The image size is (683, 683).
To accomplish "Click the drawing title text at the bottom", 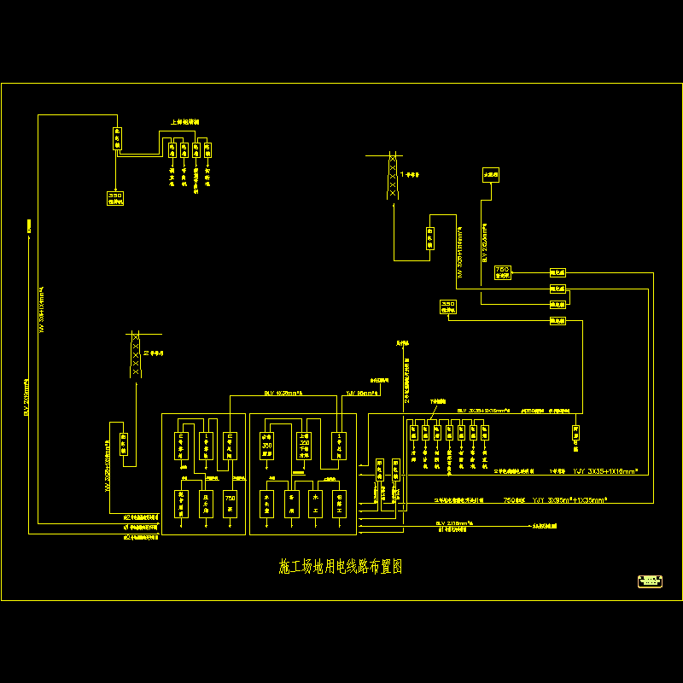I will click(341, 566).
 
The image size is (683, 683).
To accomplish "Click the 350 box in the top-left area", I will click(115, 198).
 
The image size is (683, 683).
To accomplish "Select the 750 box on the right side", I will click(502, 272).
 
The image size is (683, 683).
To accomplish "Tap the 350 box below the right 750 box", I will click(447, 306).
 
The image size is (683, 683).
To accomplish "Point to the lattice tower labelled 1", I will click(392, 176).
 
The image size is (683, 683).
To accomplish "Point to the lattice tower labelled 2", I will click(135, 354).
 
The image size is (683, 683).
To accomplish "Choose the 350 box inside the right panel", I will click(267, 444).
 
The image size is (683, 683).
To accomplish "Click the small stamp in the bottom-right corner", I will click(651, 581).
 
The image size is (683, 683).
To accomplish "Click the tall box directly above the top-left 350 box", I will click(118, 138).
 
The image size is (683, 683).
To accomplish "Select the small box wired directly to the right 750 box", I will click(558, 272).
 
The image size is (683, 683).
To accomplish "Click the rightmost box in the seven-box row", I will click(487, 432).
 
